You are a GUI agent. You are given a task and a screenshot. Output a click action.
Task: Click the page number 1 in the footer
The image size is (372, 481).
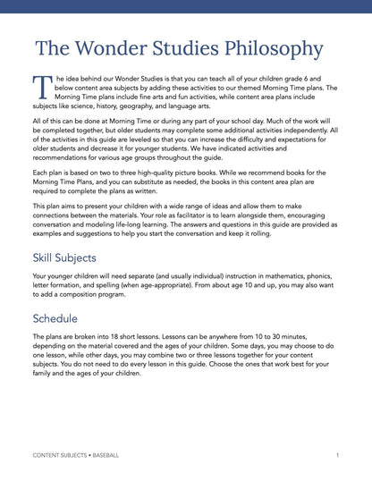click(337, 455)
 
